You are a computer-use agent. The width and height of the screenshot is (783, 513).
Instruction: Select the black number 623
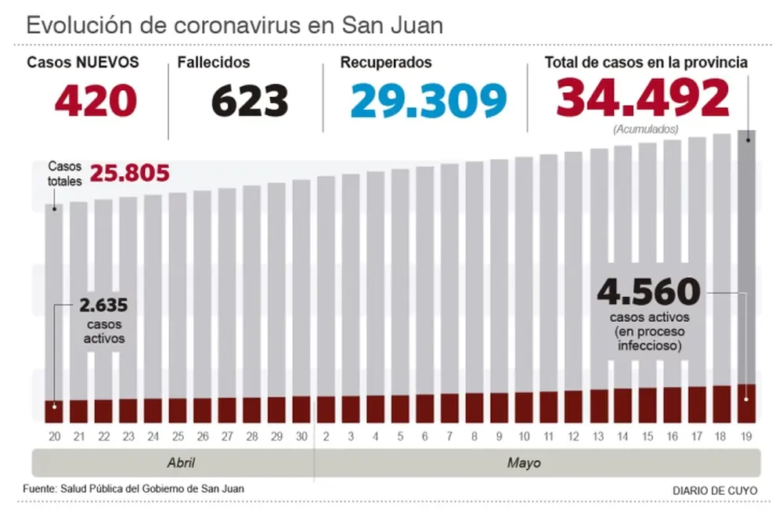click(250, 100)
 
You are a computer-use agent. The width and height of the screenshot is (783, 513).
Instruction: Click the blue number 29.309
click(428, 100)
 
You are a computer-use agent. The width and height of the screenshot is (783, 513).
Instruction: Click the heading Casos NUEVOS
click(83, 63)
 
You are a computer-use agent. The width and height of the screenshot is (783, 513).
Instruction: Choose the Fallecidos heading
click(213, 63)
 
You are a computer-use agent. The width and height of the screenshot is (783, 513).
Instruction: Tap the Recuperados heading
click(385, 63)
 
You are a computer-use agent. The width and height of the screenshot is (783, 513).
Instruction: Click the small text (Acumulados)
click(645, 128)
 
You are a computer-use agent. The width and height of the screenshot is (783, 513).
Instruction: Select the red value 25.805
click(129, 173)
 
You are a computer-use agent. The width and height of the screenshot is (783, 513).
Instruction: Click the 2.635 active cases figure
click(103, 305)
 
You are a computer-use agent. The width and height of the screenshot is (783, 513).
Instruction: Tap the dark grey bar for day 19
click(746, 258)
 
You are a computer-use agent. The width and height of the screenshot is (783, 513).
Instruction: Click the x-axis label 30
click(301, 435)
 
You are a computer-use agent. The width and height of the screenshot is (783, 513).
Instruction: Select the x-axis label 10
click(524, 435)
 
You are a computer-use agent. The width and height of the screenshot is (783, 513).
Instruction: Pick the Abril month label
click(181, 463)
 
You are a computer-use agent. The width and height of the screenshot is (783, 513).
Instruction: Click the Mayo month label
click(523, 463)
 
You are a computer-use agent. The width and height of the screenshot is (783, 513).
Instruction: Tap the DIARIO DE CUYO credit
click(714, 490)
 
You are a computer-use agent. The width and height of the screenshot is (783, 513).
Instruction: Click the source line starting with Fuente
click(133, 489)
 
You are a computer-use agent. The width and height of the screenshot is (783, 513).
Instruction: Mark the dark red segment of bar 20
click(53, 412)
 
